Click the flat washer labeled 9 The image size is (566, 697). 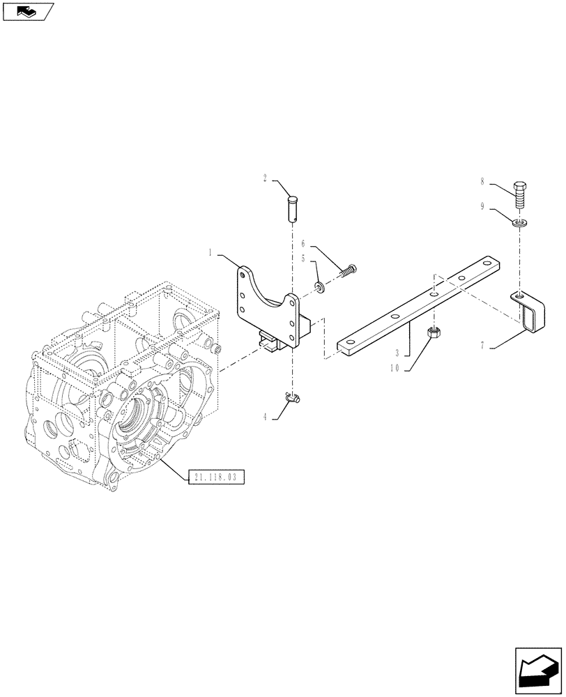pos(519,223)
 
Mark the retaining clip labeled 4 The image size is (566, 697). pos(293,399)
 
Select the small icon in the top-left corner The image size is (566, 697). pos(27,11)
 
